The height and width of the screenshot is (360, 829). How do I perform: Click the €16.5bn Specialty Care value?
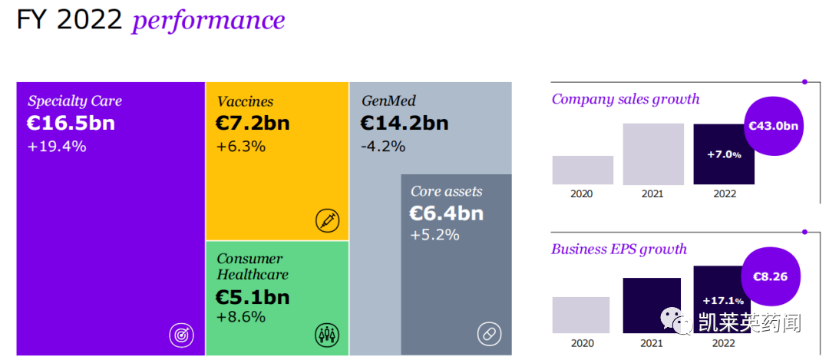(71, 123)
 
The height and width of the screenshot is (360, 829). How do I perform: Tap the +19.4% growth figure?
(57, 146)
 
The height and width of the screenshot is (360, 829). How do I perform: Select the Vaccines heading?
(245, 101)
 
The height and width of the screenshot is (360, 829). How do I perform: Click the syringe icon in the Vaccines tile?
(328, 220)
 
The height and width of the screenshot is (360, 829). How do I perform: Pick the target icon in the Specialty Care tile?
(182, 335)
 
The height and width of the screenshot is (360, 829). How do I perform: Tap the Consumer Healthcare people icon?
(328, 335)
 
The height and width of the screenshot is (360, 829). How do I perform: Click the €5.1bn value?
(253, 296)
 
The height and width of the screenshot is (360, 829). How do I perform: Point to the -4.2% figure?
(382, 146)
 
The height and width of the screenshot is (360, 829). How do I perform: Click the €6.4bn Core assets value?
(447, 213)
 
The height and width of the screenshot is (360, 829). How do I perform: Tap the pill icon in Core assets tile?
(489, 335)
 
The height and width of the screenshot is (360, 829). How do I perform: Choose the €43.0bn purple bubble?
(774, 126)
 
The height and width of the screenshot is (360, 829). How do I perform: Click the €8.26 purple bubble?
(769, 276)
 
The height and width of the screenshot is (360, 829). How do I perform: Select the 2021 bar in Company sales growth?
(653, 154)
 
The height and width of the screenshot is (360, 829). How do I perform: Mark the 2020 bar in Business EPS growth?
(581, 315)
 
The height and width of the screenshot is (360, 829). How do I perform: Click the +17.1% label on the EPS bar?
(722, 300)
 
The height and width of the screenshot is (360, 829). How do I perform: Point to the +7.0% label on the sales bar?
(724, 154)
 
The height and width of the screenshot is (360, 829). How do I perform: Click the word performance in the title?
(208, 20)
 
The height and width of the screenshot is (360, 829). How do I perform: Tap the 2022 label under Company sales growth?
(724, 193)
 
